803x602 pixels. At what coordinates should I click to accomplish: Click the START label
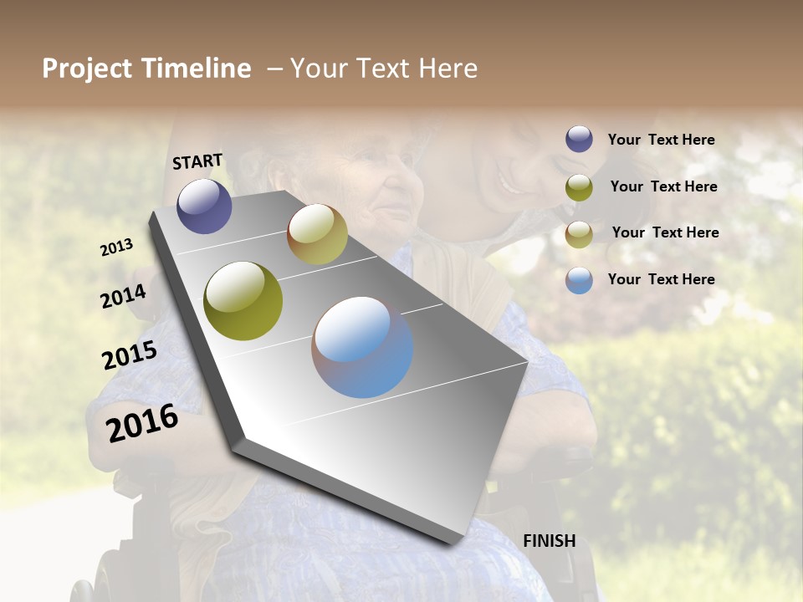point(197,161)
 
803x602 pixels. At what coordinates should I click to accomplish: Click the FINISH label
point(549,541)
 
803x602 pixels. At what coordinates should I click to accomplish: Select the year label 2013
point(117,247)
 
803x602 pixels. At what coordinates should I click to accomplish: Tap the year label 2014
point(124,296)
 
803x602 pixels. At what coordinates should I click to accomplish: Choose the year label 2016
point(142,423)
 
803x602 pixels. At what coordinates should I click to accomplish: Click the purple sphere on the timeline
point(204,206)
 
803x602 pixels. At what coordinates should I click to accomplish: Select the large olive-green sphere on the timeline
point(243,301)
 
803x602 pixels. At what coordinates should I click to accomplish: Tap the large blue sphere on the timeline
point(362,347)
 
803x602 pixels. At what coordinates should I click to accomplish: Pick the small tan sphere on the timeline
point(317,234)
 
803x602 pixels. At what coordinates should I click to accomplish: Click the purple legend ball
point(579,139)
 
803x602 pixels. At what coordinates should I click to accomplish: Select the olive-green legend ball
point(579,187)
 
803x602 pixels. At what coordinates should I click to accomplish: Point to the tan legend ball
point(579,234)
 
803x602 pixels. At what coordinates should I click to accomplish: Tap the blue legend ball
point(579,280)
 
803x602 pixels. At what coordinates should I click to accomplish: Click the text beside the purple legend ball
point(661,140)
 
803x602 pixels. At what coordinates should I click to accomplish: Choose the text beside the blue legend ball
point(661,279)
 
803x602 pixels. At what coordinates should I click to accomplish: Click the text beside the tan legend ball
point(665,232)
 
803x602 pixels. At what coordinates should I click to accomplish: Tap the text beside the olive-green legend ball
point(663,186)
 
